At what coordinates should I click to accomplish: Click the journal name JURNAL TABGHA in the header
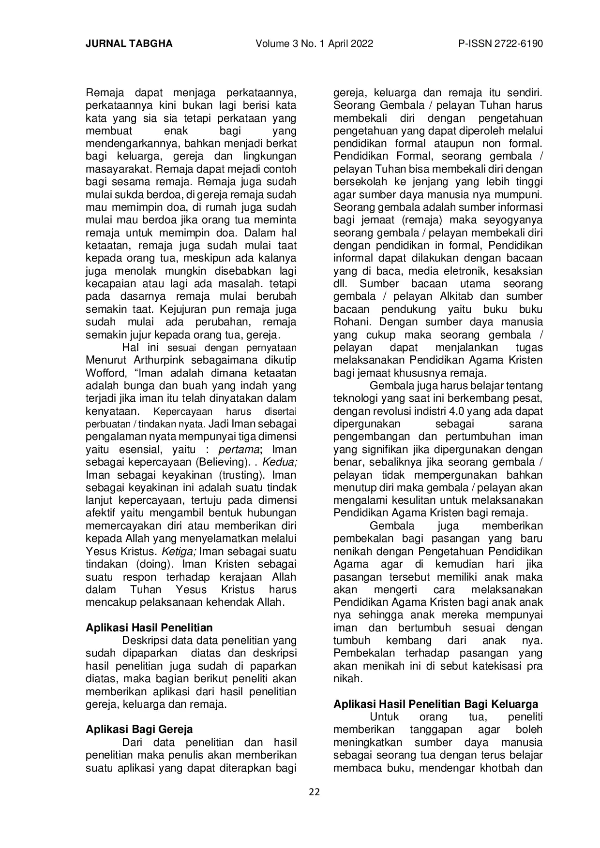coord(129,44)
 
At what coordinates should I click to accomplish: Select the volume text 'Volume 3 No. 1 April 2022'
coord(315,44)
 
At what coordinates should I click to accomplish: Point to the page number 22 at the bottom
coord(315,792)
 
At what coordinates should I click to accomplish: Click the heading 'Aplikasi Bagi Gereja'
coord(139,729)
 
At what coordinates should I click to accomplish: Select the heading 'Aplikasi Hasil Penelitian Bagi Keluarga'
coord(435,704)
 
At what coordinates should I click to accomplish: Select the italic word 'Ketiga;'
coord(179,552)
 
